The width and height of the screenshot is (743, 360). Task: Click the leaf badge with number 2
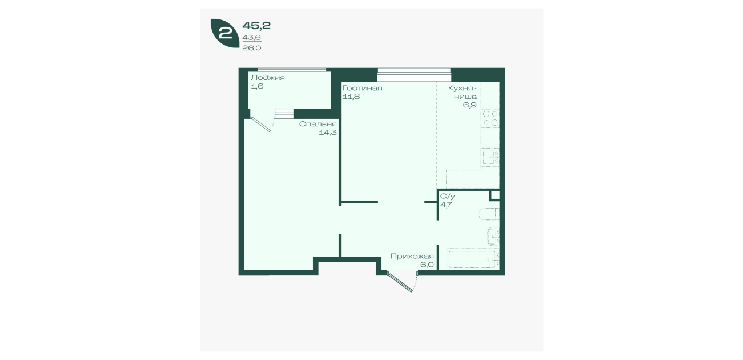coord(225,33)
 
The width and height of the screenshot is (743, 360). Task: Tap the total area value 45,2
coord(256,26)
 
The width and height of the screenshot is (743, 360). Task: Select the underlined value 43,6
coord(252,38)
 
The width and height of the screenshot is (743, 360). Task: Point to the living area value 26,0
coord(252,48)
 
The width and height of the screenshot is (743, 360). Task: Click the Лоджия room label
coord(268,78)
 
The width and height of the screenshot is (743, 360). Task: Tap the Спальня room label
coord(318,124)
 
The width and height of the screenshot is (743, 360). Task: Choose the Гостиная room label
coord(362,88)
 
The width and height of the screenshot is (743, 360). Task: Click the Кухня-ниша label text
coord(463,92)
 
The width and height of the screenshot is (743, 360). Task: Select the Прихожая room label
coord(412,256)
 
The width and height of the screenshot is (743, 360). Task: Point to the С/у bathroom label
coord(448,196)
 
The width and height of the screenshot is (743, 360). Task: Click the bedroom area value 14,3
coord(328,133)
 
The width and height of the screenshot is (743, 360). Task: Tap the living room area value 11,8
coord(351,97)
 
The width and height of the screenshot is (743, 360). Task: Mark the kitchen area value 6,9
coord(470,105)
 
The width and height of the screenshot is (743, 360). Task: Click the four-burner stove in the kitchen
coord(490,118)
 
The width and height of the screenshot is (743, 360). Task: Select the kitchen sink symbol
coord(490,157)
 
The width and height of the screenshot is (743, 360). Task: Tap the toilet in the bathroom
coord(489,214)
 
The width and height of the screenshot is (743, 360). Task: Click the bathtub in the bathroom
coord(473,259)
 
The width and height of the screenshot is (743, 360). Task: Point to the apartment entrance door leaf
coord(400,282)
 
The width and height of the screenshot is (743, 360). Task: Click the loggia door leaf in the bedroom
coord(261,124)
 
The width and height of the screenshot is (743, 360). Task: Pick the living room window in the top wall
coord(414,75)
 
